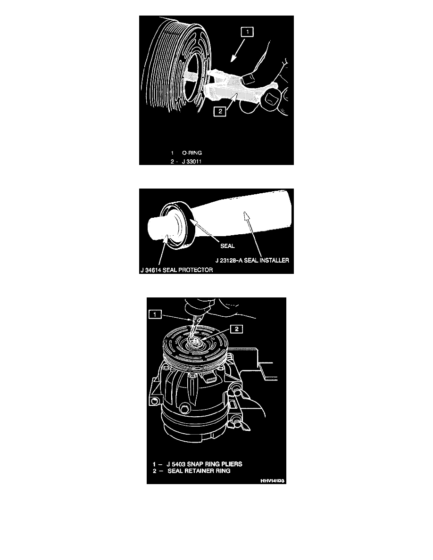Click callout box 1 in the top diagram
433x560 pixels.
[247, 32]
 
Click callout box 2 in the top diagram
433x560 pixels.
[220, 111]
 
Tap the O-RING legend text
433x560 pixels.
[192, 153]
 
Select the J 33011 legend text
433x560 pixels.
[192, 161]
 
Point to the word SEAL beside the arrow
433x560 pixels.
[227, 246]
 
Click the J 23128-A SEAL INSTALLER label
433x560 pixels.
[252, 260]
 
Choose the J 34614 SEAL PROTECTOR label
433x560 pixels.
[177, 270]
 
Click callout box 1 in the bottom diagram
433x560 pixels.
[155, 314]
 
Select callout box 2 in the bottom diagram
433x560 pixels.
[236, 329]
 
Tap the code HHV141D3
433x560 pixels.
[272, 481]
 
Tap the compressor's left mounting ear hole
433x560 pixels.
[154, 401]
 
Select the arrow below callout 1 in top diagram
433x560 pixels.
[237, 50]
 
